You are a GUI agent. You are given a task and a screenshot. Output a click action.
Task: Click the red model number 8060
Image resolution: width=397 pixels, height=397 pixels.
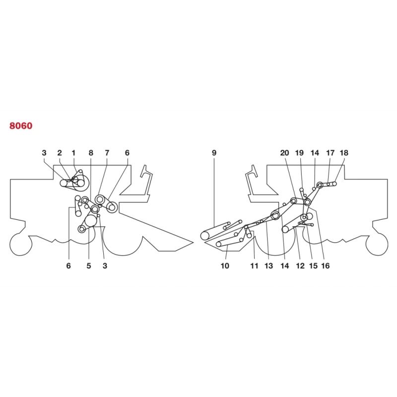(21, 126)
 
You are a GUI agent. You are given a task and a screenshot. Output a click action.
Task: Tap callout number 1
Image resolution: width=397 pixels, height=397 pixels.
(73, 153)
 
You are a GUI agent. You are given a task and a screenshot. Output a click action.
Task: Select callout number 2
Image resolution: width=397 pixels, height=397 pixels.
(60, 153)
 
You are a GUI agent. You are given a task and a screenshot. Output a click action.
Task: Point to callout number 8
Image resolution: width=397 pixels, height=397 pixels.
(91, 153)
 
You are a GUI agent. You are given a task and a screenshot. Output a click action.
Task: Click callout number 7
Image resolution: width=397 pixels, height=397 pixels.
(107, 153)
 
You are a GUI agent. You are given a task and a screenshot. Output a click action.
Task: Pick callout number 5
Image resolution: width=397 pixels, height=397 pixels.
(89, 266)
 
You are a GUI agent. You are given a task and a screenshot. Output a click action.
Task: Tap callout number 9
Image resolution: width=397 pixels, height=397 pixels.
(214, 153)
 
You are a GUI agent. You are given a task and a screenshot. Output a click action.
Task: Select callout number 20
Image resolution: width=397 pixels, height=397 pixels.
(284, 153)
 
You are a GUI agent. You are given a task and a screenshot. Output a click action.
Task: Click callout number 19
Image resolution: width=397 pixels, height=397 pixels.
(299, 153)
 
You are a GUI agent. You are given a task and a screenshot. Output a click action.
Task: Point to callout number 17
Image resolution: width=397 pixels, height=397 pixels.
(330, 153)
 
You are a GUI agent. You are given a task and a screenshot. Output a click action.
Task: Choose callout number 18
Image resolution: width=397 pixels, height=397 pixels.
(344, 153)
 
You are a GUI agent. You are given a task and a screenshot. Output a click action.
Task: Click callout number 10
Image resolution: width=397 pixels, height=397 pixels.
(225, 266)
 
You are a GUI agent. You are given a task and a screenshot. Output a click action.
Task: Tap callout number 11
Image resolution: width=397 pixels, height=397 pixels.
(254, 266)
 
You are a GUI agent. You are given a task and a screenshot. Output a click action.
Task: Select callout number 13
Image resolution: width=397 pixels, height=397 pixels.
(268, 266)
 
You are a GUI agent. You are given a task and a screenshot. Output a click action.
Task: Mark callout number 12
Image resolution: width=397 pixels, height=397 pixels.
(300, 266)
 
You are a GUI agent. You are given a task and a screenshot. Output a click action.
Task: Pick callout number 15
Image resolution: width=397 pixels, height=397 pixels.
(313, 266)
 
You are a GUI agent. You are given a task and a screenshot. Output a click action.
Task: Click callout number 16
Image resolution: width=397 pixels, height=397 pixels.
(326, 266)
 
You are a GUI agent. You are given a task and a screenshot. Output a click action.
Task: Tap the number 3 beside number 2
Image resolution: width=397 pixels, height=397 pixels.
(44, 153)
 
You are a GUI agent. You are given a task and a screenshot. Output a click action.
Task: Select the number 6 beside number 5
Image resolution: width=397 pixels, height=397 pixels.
(68, 266)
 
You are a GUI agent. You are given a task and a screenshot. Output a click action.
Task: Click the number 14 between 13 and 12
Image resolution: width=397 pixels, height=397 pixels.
(284, 266)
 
